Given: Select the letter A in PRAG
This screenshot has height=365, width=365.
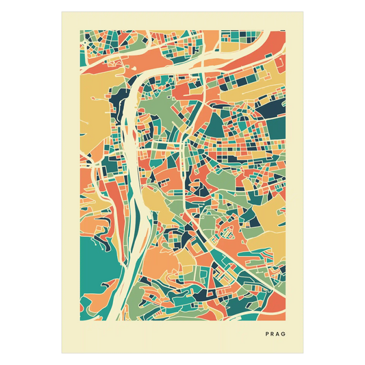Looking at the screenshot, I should coord(279,334).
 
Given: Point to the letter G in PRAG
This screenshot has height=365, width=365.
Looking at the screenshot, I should coord(286,334).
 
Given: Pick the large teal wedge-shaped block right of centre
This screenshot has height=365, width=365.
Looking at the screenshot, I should coord(219,123).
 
